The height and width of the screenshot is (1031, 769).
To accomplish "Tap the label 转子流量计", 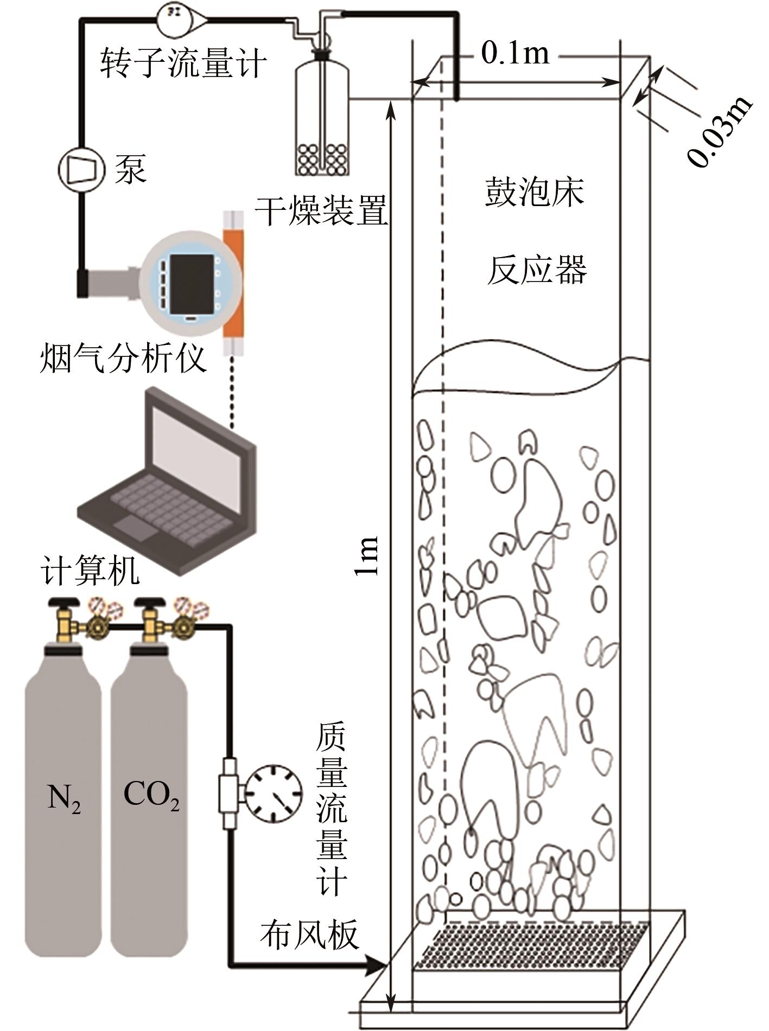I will coord(183,64).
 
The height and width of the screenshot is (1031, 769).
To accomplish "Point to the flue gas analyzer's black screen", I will coord(192,283).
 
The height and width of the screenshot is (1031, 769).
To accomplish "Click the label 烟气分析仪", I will coord(123,358).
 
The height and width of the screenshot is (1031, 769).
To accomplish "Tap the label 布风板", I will coord(309,934).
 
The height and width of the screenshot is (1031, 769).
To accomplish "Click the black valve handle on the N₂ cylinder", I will coord(63,602).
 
